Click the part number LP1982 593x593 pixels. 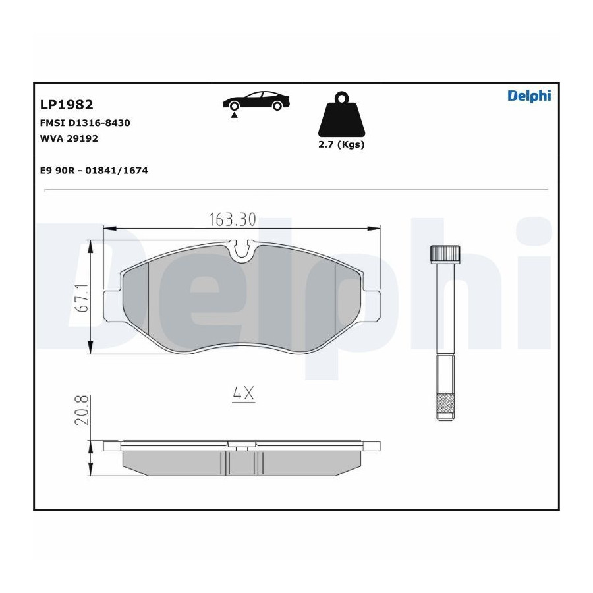point(67,105)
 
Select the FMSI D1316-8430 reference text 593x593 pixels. point(85,123)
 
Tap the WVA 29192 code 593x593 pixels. point(69,138)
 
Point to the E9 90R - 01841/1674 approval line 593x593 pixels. point(94,171)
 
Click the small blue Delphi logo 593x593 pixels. point(529,96)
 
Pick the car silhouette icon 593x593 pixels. point(256,101)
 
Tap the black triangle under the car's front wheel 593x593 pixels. point(234,115)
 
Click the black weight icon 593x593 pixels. point(341,114)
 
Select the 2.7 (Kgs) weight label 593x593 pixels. point(341,144)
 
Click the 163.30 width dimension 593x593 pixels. point(233,219)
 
